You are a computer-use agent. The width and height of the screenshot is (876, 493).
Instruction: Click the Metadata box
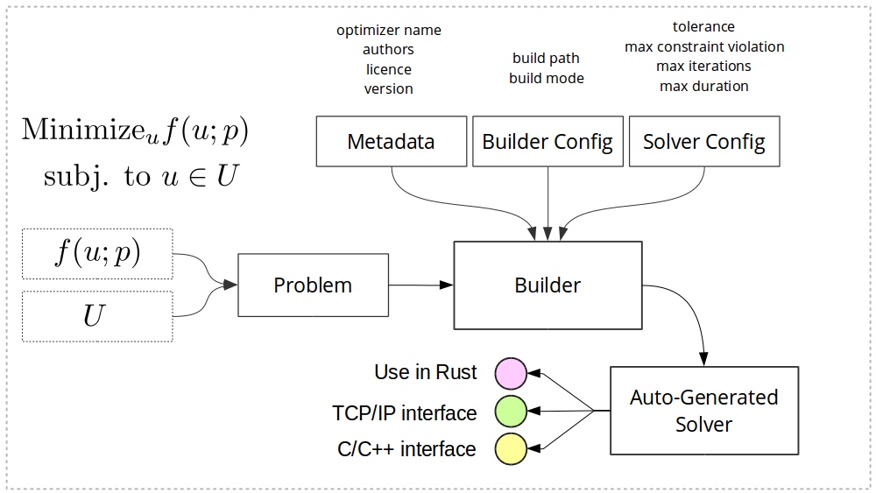[390, 141]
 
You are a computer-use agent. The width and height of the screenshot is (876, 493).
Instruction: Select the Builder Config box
[547, 141]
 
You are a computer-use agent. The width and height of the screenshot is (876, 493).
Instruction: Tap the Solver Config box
[704, 141]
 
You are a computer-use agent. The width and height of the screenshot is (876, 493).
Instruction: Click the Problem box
[313, 285]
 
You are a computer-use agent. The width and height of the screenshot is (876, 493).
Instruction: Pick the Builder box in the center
[547, 285]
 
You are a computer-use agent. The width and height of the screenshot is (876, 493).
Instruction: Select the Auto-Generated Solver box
[703, 411]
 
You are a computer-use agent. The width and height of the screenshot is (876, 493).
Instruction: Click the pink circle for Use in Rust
[511, 372]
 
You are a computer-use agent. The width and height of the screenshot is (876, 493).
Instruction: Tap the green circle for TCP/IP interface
[511, 411]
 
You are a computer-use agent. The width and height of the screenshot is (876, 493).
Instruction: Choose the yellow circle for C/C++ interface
[511, 448]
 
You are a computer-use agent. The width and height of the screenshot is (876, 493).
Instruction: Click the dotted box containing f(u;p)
[97, 253]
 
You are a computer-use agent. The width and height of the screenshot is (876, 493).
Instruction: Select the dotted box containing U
[97, 316]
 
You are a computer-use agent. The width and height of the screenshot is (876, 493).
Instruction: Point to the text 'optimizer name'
[389, 31]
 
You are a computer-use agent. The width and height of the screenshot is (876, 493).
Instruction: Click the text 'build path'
[546, 59]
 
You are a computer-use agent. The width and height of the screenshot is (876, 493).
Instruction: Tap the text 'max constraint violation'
[704, 46]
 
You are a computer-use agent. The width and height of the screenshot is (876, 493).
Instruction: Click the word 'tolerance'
[703, 27]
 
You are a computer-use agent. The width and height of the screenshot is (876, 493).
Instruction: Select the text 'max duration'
[703, 86]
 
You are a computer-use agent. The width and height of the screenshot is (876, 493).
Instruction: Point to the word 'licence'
[388, 69]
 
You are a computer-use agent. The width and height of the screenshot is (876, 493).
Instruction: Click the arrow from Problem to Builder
[420, 285]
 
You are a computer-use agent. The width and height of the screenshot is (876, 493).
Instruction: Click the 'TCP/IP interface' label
[405, 412]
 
